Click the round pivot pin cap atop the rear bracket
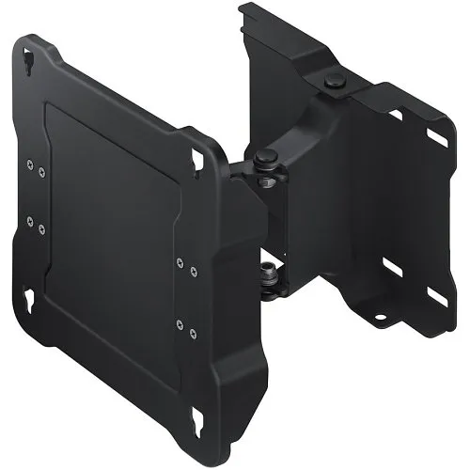point(334,84)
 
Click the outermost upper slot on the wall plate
point(437,136)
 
